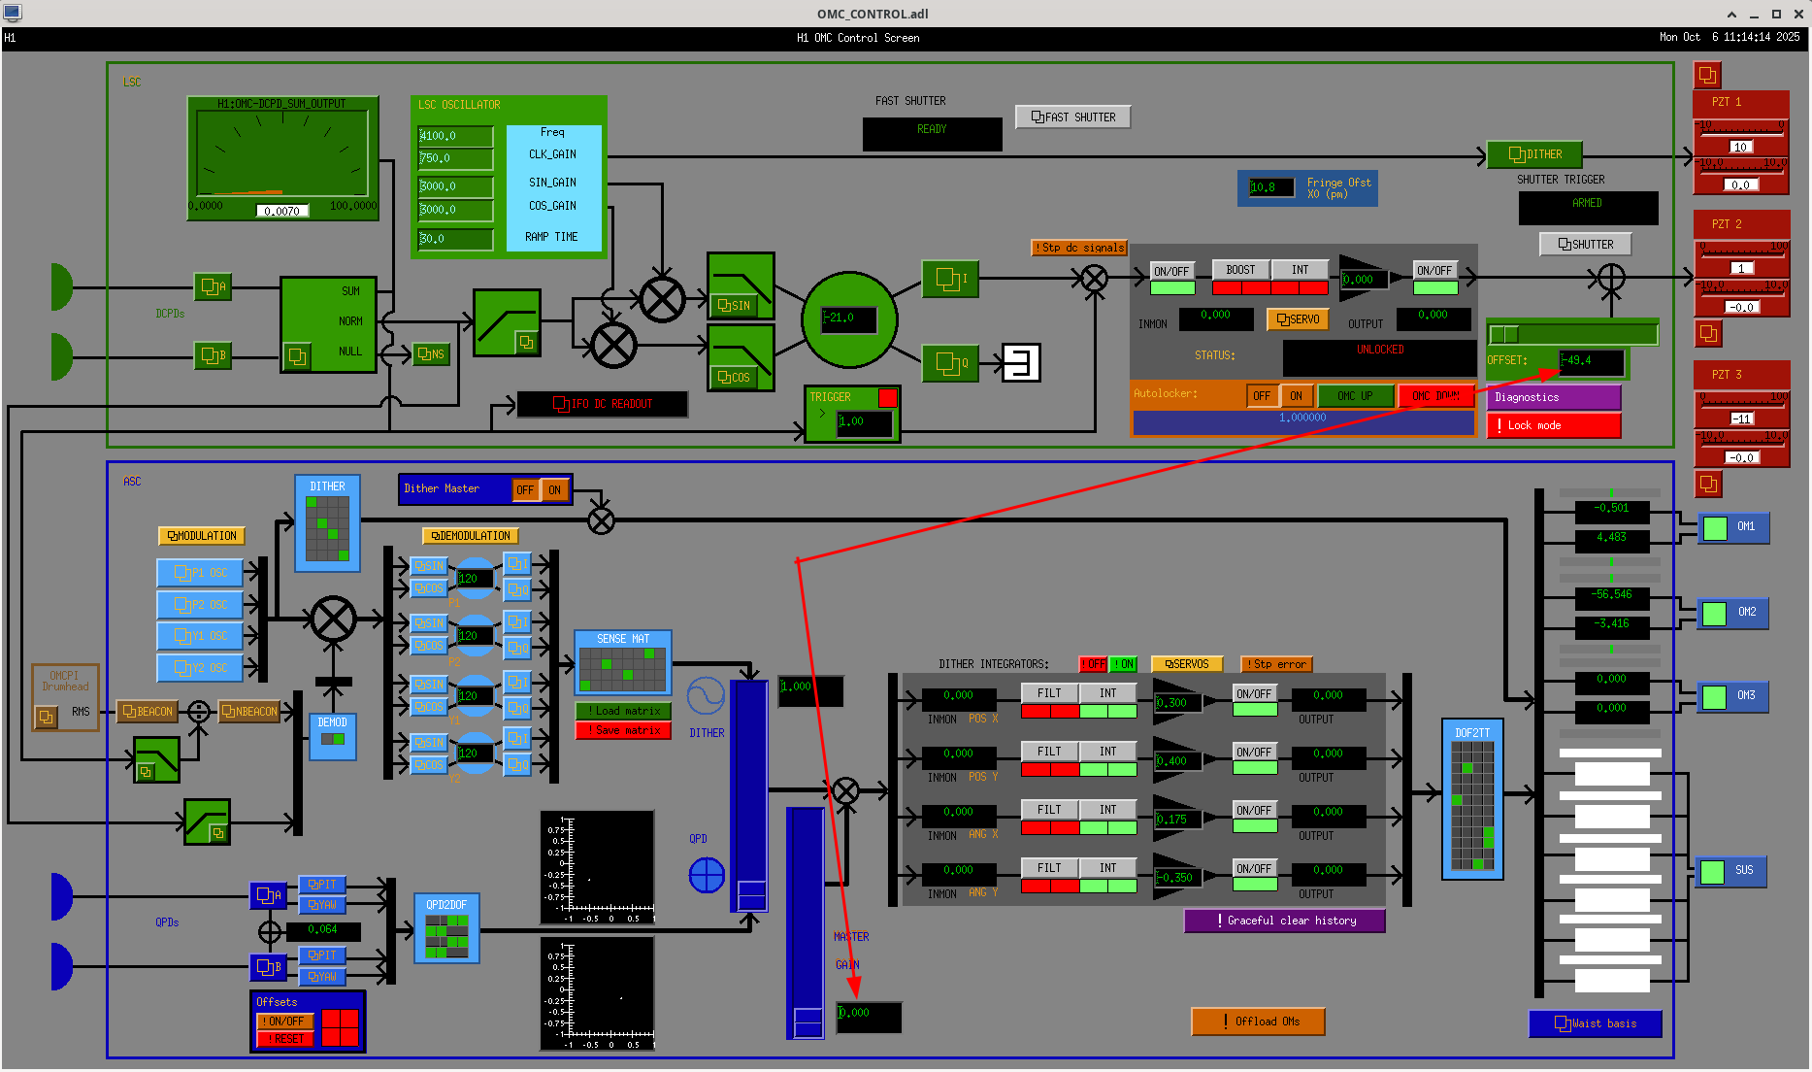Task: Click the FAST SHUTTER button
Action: point(1072,117)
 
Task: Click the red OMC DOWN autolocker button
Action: point(1435,396)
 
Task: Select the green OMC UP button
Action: point(1355,396)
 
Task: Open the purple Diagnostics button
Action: point(1553,397)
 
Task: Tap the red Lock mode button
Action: point(1553,425)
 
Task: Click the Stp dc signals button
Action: point(1078,248)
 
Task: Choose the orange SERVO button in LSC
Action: point(1298,319)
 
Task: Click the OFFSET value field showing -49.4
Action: point(1591,361)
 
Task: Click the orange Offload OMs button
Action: point(1258,1022)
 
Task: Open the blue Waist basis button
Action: point(1595,1023)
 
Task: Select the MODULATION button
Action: point(202,536)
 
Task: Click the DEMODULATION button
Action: point(471,536)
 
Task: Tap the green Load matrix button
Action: point(623,711)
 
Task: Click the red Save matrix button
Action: point(623,730)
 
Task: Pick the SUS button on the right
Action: point(1731,871)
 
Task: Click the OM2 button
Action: point(1732,613)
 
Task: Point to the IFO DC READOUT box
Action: point(602,404)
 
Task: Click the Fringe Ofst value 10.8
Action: point(1270,187)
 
